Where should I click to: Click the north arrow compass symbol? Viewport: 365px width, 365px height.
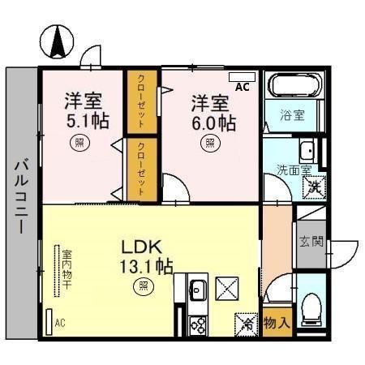coord(55,42)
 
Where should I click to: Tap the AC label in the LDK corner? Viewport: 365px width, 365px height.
coord(59,323)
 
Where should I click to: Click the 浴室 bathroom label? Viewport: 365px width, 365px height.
coord(293,115)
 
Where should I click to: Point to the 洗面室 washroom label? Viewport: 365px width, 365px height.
coord(293,170)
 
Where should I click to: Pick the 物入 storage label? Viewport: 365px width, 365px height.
coord(277,323)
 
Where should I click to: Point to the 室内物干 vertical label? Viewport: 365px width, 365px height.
coord(67,271)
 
